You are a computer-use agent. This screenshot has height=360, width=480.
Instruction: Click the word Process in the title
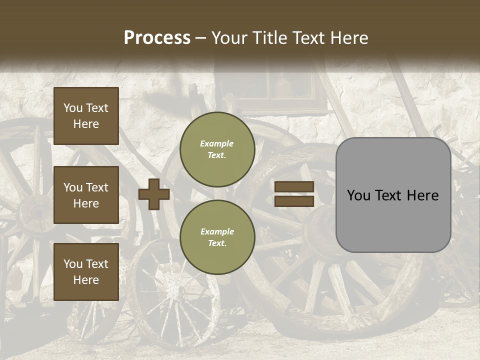[157, 38]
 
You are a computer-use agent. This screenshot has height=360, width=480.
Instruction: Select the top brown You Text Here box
[86, 116]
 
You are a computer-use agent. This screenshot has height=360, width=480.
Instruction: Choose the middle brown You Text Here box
[86, 195]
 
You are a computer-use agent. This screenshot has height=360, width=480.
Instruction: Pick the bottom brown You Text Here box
[86, 272]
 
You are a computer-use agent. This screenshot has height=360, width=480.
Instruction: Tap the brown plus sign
[154, 194]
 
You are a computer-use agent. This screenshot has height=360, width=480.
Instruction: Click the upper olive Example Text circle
[217, 149]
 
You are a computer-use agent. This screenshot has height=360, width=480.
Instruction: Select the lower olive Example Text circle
[217, 237]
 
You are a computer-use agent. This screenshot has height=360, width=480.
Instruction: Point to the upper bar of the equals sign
[294, 187]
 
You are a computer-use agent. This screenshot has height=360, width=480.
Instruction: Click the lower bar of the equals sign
[294, 201]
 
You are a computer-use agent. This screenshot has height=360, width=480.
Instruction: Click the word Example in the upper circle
[217, 143]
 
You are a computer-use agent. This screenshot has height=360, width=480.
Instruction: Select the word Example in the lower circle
[217, 231]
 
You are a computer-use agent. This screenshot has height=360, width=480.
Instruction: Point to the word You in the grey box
[358, 195]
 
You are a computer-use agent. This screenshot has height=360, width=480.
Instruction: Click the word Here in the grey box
[424, 195]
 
